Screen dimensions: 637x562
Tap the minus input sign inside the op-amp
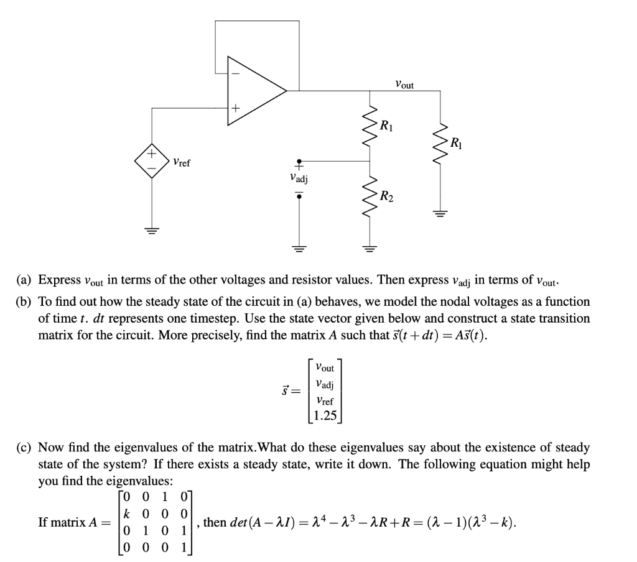tap(235, 73)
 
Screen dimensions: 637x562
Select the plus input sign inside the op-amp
tap(235, 109)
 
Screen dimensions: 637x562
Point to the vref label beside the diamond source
tap(182, 163)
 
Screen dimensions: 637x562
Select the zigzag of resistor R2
tap(371, 198)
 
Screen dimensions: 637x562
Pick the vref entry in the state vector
tap(324, 400)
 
